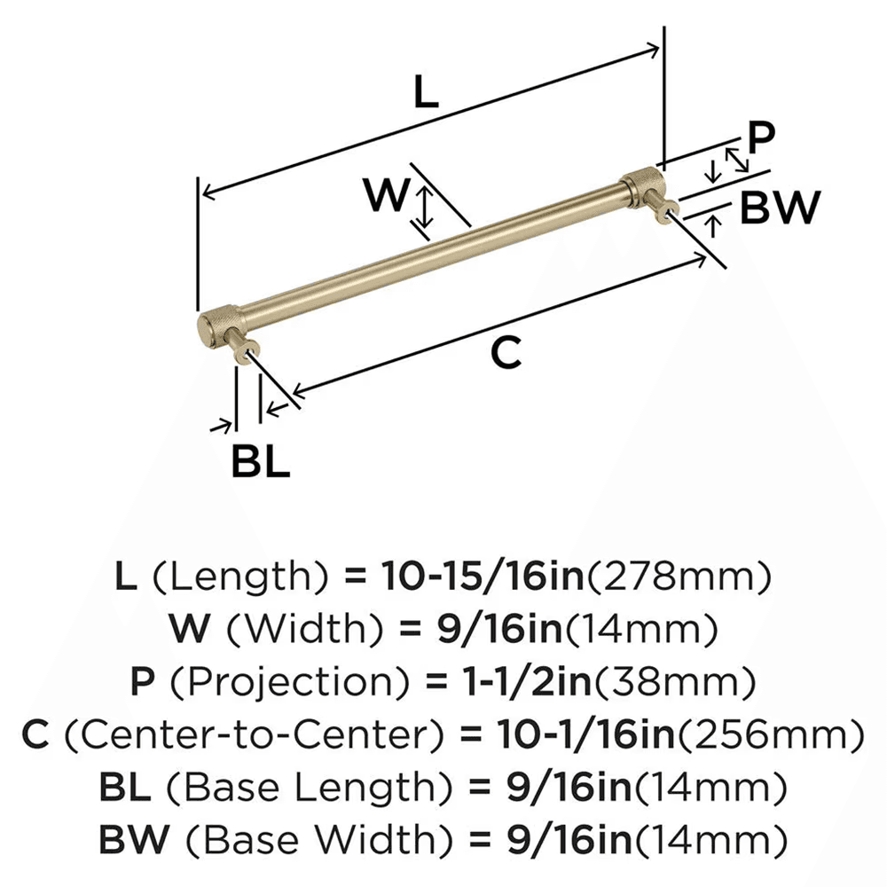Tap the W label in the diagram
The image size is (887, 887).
coord(386,196)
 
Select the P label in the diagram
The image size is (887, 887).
coord(760,138)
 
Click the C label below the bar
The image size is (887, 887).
coord(505,354)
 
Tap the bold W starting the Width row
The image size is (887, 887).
coord(192,631)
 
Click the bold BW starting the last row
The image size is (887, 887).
coord(127,837)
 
